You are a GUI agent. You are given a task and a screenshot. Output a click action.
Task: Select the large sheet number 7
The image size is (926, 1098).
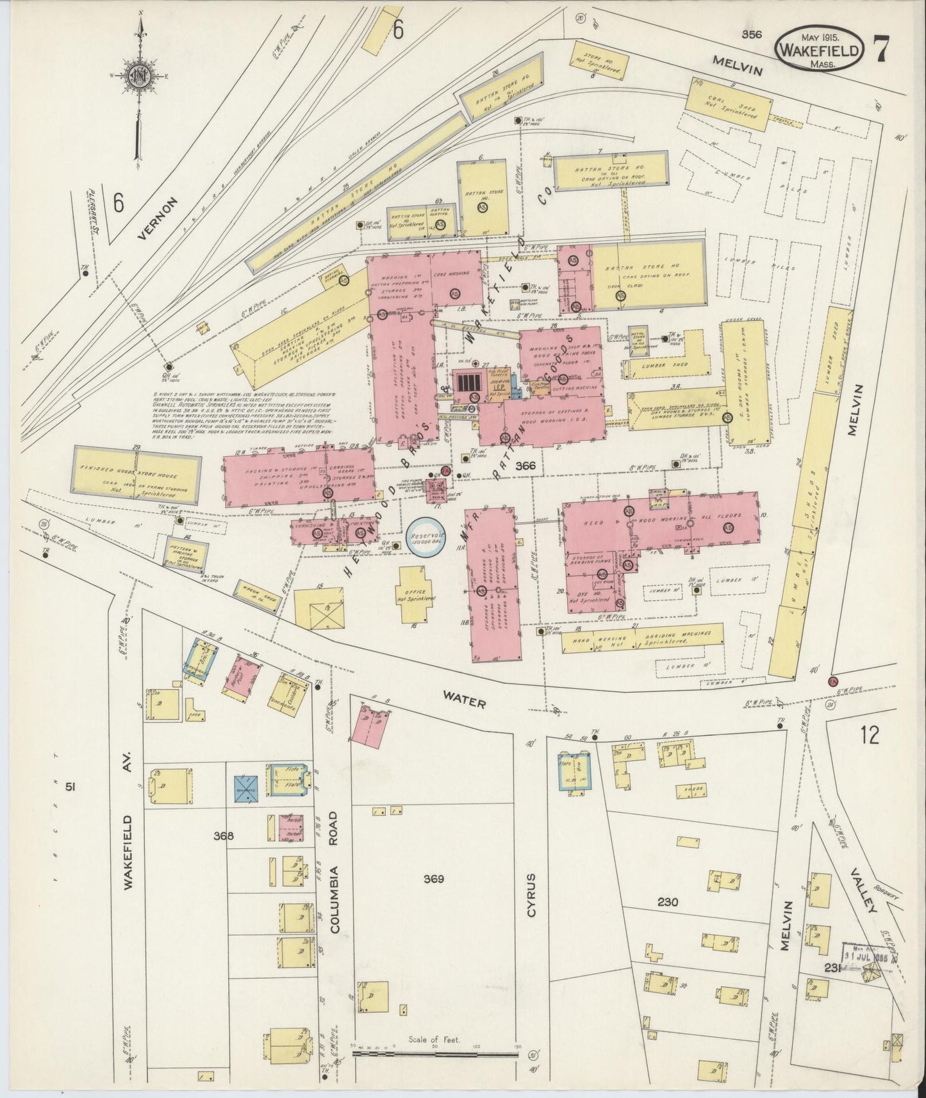pos(884,47)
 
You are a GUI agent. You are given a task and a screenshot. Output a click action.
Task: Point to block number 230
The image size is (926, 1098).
pos(668,902)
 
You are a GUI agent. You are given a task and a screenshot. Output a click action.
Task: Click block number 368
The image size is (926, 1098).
pos(224,835)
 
